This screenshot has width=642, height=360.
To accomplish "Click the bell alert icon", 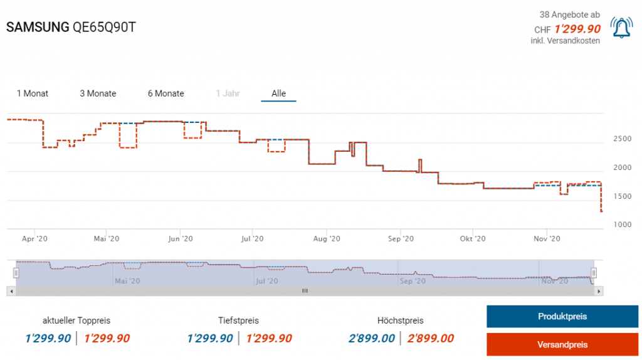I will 622,27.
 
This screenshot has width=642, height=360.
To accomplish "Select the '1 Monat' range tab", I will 33,93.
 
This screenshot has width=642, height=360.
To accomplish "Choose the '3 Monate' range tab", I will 98,93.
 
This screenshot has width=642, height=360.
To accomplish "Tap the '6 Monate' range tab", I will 166,93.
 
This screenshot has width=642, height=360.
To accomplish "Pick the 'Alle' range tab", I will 278,93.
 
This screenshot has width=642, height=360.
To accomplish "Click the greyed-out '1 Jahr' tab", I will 228,93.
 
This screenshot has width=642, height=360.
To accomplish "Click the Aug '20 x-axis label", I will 326,239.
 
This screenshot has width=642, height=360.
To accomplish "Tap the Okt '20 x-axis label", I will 473,239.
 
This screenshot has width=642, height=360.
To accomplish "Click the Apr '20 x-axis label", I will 34,239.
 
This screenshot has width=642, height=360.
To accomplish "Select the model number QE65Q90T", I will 105,28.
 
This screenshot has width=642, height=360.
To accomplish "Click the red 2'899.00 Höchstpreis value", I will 431,339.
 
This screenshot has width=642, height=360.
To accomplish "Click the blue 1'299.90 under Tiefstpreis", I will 209,339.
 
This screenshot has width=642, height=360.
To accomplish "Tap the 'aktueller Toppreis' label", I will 76,320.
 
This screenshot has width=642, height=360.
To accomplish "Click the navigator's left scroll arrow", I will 10,291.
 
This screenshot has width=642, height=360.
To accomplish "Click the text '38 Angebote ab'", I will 570,14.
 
